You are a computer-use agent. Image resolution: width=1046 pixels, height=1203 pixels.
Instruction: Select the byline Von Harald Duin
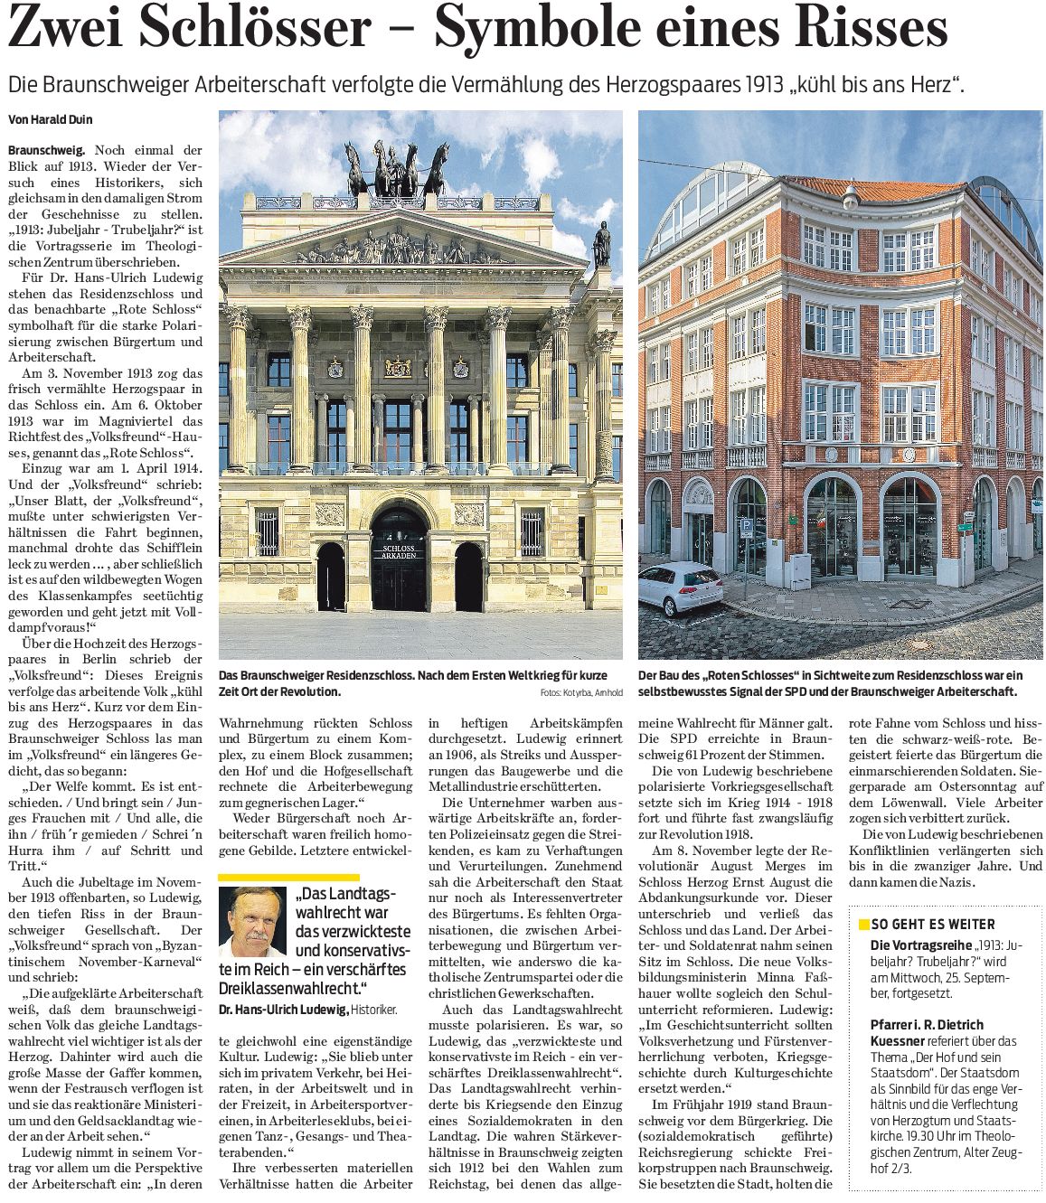click(50, 119)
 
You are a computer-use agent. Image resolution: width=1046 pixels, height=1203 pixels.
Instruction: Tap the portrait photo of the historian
click(253, 922)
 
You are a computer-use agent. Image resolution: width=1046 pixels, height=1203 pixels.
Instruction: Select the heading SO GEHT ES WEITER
click(933, 925)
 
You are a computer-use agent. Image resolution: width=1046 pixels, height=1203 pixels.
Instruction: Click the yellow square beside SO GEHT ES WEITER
click(863, 925)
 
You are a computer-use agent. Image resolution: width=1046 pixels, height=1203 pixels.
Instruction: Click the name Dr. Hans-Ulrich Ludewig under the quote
click(284, 1010)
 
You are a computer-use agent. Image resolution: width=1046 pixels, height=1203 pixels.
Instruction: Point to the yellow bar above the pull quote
click(289, 877)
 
